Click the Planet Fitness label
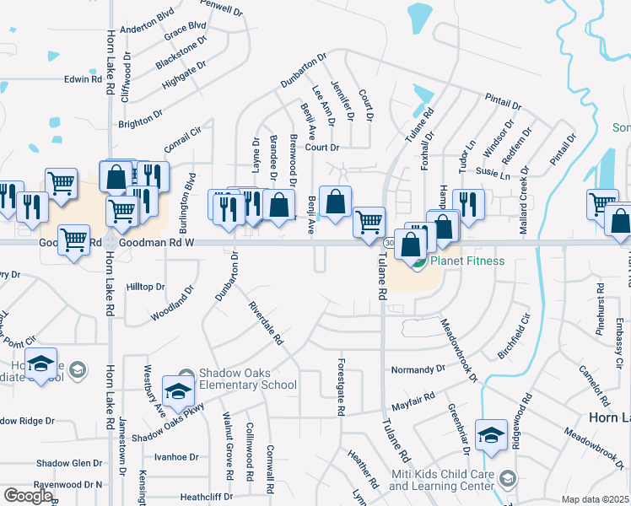467,261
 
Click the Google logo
28,495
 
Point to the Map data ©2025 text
595,499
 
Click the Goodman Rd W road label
156,241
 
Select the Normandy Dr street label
418,369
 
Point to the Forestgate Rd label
342,387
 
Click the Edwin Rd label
83,79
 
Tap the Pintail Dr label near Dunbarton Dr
503,102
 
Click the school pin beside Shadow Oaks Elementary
178,389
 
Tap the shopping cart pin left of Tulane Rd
368,223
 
